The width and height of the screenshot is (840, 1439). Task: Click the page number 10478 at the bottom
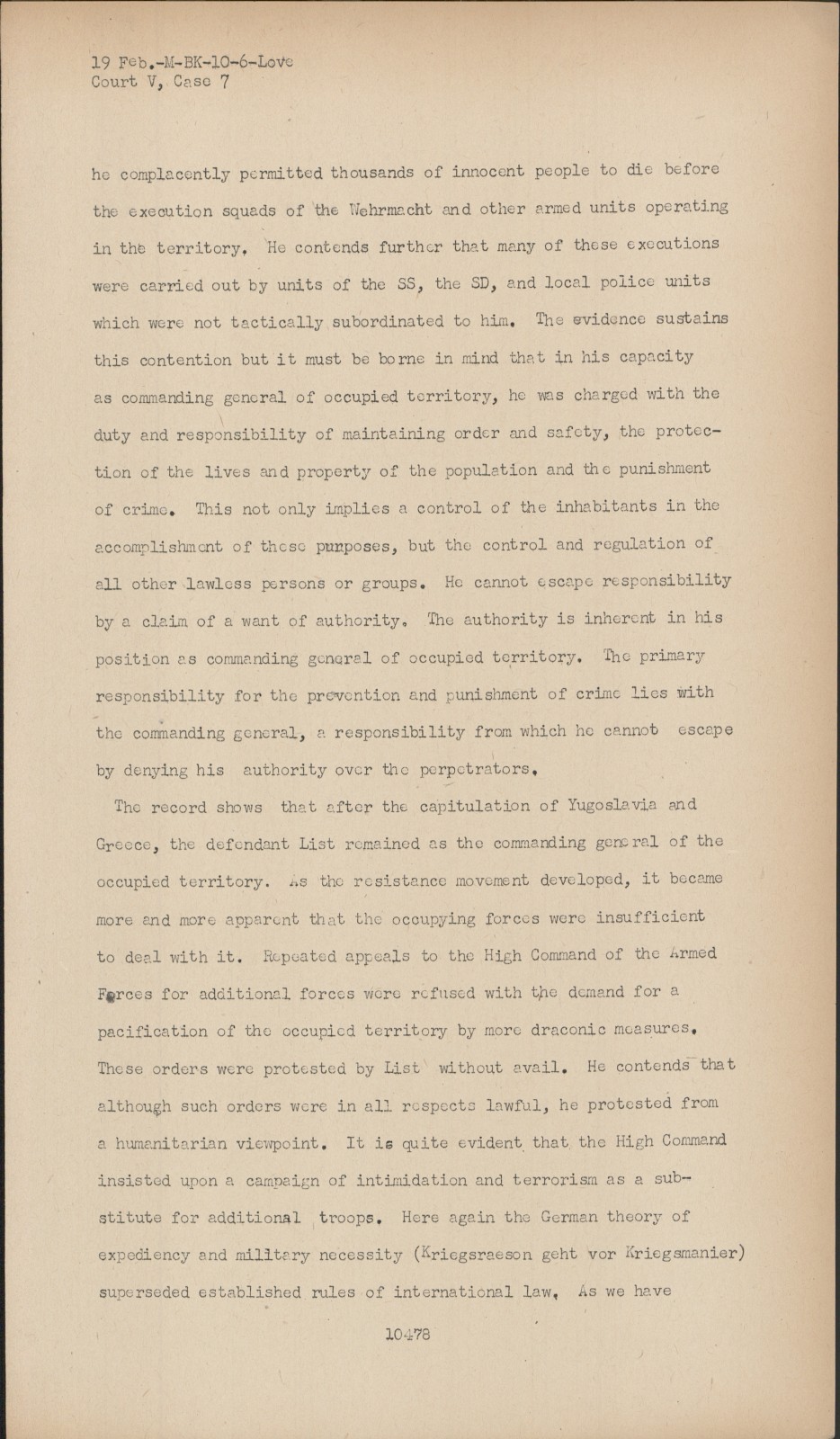407,1334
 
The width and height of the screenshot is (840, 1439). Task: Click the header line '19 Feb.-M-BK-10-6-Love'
192,62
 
